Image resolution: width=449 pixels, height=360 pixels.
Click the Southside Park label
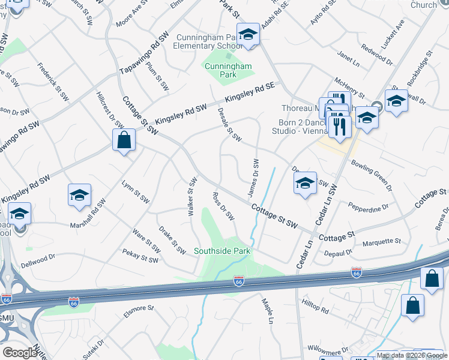221,251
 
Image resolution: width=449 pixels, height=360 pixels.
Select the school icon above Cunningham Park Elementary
247,35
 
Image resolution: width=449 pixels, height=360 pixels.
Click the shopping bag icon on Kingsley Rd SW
124,140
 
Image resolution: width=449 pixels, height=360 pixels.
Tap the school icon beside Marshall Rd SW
79,195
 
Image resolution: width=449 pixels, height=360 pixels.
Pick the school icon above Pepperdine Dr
306,183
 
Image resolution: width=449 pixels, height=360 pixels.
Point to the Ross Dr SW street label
223,206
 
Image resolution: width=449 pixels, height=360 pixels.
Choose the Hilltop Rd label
316,307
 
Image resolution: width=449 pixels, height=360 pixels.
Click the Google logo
20,353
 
